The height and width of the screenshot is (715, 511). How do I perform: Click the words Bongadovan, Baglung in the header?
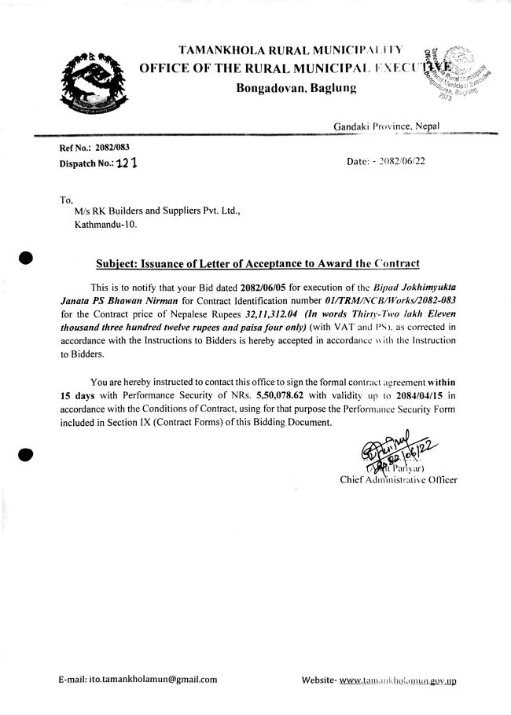[296, 87]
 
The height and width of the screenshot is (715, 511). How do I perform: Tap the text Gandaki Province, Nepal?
[385, 126]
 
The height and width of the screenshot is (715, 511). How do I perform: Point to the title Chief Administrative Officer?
[398, 479]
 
